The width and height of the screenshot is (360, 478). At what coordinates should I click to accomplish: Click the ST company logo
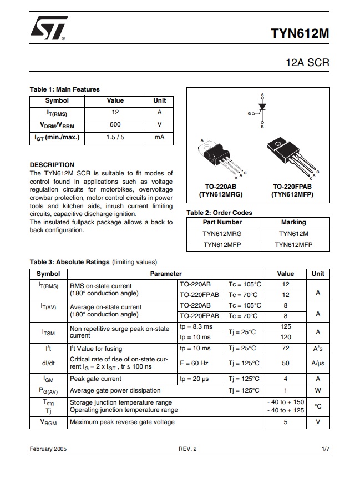point(49,28)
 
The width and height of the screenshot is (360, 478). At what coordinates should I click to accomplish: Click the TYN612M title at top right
point(300,33)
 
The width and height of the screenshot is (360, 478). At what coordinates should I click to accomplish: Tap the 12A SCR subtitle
point(307,62)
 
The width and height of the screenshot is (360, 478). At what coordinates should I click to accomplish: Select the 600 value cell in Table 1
point(115,125)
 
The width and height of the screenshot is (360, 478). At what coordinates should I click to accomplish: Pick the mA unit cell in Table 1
point(159,137)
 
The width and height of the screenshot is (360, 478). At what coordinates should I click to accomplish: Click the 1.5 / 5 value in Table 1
point(115,137)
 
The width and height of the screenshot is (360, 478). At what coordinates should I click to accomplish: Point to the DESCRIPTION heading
point(52,165)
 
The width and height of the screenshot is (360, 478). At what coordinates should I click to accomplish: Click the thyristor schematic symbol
point(261,109)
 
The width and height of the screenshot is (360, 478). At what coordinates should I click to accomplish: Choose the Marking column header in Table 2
point(293,222)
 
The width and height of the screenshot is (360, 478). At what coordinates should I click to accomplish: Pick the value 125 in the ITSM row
point(286,327)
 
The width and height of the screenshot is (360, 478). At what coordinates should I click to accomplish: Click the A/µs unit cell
point(317,363)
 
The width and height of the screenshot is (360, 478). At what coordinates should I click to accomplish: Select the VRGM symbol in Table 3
point(48,422)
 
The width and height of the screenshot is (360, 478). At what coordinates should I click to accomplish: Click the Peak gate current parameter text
point(95,379)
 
